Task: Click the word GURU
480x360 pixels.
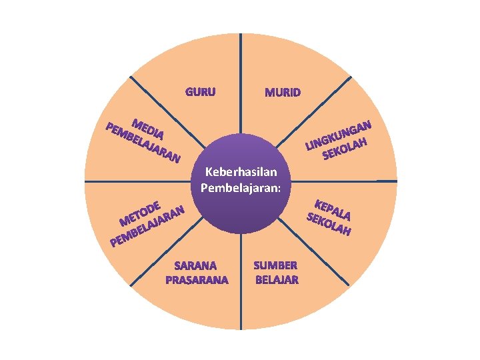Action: coord(200,92)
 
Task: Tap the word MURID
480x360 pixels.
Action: coord(282,92)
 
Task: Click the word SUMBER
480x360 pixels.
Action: coord(276,265)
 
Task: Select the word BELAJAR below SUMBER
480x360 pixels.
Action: coord(276,279)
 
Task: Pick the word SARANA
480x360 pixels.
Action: coord(196,265)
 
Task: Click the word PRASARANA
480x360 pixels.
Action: coord(197,279)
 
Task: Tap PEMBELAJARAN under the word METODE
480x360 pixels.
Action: coord(147,226)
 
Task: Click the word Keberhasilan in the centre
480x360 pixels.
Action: coord(241,173)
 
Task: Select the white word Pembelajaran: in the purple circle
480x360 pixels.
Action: coord(241,187)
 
